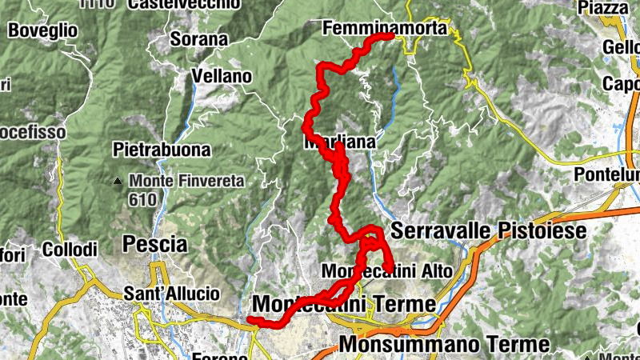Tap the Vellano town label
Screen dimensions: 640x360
[222, 77]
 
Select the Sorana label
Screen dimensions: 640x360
[199, 38]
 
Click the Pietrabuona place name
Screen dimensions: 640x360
[162, 150]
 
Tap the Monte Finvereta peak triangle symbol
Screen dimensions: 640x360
[118, 181]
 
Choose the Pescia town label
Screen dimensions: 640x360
[155, 243]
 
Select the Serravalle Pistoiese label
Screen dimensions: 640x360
[489, 231]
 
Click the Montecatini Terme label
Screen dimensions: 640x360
[344, 305]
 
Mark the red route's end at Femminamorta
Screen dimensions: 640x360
[390, 35]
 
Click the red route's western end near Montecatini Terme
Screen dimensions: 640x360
[250, 320]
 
